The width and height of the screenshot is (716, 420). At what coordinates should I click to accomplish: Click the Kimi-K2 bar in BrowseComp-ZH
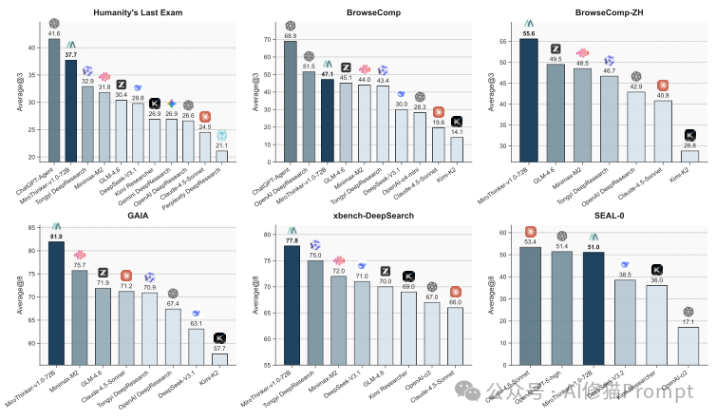click(690, 155)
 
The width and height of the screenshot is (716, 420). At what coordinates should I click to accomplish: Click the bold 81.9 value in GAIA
click(55, 236)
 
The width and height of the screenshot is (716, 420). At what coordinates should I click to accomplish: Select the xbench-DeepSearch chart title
click(365, 218)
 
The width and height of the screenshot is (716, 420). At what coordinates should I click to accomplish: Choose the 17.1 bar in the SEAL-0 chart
click(690, 345)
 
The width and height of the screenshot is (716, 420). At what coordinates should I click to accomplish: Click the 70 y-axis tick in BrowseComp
click(262, 38)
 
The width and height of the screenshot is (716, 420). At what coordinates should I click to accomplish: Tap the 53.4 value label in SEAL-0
click(529, 241)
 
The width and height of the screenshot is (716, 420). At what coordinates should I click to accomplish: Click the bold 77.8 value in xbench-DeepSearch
click(291, 241)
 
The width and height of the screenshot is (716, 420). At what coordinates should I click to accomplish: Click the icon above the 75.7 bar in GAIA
click(79, 256)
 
